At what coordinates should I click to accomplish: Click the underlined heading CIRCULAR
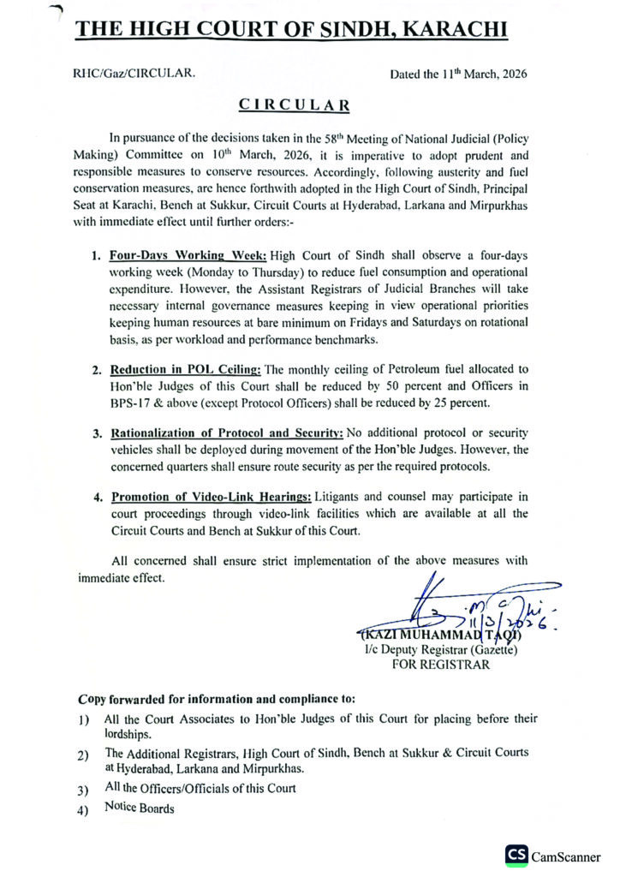point(294,105)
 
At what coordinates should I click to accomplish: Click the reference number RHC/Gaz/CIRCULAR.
point(134,74)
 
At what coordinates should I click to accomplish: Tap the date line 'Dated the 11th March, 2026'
point(458,74)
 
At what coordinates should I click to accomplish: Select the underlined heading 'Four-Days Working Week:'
point(188,256)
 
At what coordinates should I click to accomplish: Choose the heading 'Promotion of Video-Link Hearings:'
point(211,497)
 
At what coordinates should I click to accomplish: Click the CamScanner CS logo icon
point(516,855)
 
